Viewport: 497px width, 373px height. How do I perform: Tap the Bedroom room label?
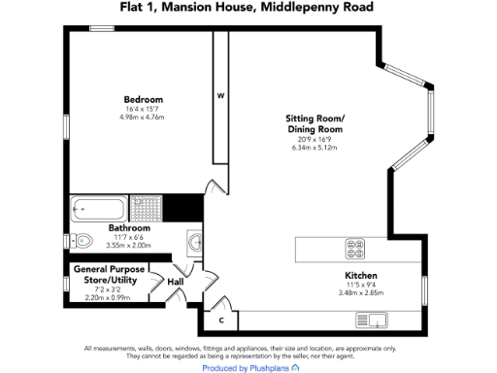[143, 100]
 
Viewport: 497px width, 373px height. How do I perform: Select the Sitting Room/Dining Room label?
[315, 124]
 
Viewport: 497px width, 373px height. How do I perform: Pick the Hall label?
[176, 282]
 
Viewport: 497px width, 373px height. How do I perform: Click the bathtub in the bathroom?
[100, 209]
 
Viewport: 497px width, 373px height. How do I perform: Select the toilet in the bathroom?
[82, 241]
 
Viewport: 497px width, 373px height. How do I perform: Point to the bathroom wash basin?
[193, 241]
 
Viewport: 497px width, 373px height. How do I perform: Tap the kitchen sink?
[372, 320]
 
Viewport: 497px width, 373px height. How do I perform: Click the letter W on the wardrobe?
[220, 95]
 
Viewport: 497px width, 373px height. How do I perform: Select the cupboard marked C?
[220, 320]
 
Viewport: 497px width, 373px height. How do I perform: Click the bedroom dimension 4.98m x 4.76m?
[143, 118]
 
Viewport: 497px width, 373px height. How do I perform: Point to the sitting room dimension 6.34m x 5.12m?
[315, 150]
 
